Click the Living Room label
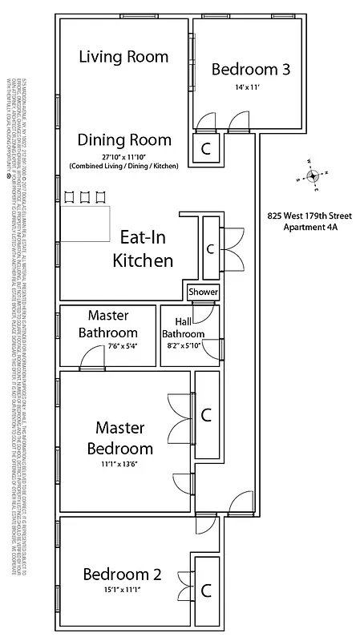(x=123, y=57)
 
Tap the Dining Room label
(x=124, y=139)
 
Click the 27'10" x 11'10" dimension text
(x=124, y=156)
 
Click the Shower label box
(x=203, y=292)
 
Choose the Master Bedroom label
(x=123, y=437)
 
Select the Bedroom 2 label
(x=122, y=574)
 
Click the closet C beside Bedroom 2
(x=206, y=591)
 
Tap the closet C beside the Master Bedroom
(x=206, y=415)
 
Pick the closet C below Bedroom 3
(x=206, y=148)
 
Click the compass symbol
(x=314, y=175)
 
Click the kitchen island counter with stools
(x=87, y=223)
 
